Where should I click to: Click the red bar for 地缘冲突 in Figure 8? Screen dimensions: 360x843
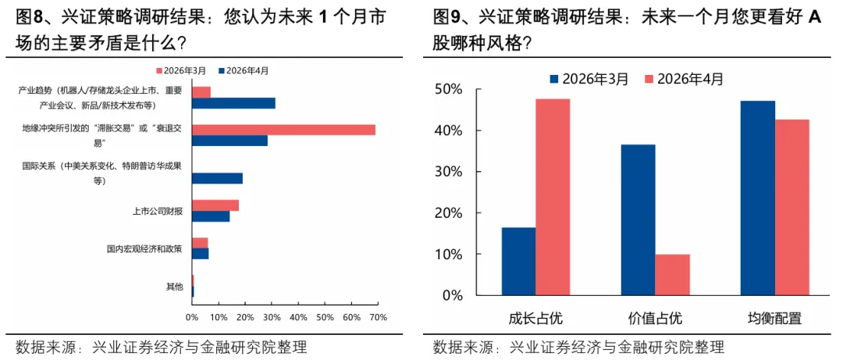point(283,130)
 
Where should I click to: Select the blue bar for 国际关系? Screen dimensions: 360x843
point(217,178)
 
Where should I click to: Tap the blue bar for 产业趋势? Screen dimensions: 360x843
point(233,103)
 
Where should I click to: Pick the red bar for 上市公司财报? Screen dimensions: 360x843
point(215,205)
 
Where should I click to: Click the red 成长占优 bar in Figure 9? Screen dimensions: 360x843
point(553,197)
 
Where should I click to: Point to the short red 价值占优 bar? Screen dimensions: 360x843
point(672,275)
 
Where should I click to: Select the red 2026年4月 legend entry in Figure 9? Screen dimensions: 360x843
point(684,79)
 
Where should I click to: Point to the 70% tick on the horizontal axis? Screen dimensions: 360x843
point(378,317)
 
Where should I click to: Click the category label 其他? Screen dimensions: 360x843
point(174,287)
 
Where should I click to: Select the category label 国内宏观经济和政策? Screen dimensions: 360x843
point(144,249)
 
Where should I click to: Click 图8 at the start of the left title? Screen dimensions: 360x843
point(30,16)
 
